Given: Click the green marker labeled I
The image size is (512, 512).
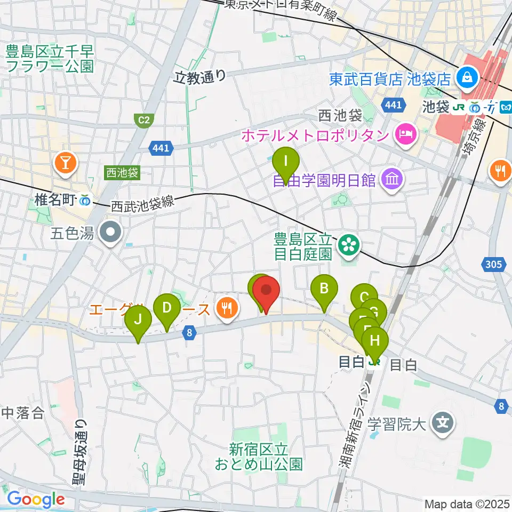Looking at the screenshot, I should [x=286, y=162].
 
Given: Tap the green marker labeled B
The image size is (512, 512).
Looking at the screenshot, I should [x=324, y=289].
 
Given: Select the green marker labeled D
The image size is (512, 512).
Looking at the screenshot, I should [x=166, y=308].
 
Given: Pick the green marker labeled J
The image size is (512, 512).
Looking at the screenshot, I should [x=138, y=320].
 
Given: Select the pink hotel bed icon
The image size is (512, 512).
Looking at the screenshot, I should [x=405, y=134].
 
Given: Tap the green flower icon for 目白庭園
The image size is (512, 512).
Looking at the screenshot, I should [x=350, y=245].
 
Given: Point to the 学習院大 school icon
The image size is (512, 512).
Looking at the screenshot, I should [x=442, y=424].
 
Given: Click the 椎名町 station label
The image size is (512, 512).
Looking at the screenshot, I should [x=56, y=201].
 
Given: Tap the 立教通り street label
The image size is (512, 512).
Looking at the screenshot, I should [x=200, y=77].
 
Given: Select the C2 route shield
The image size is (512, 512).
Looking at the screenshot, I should [x=143, y=121].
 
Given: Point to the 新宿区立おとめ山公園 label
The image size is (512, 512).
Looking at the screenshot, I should [x=259, y=457].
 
